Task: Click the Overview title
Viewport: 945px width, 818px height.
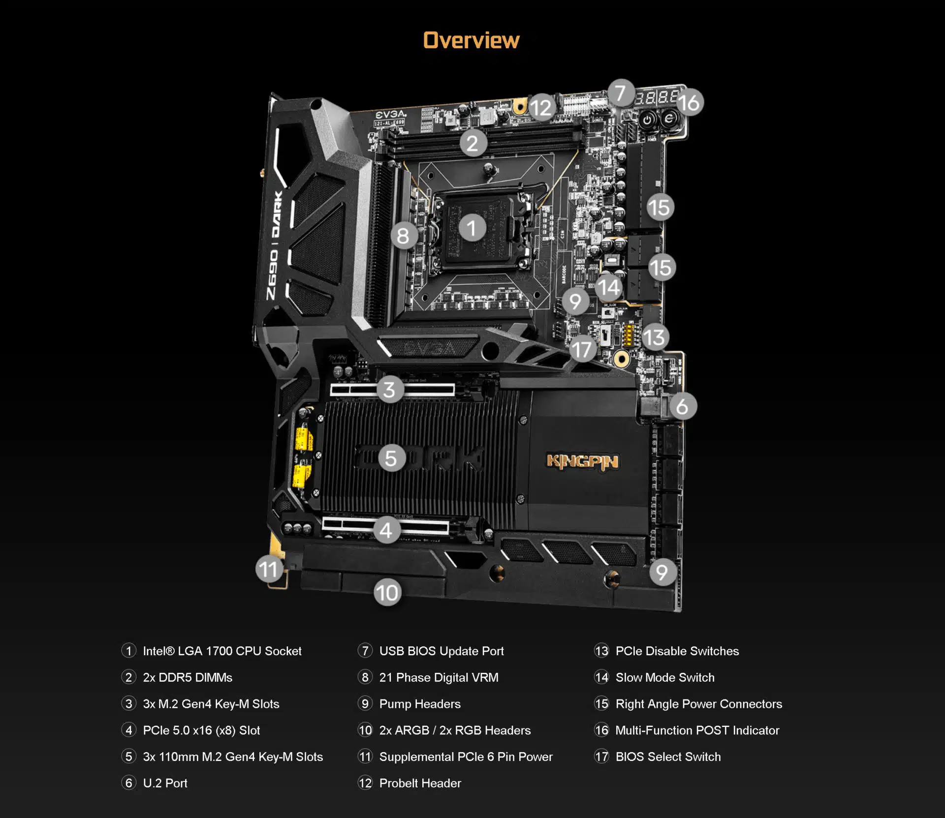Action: [x=471, y=40]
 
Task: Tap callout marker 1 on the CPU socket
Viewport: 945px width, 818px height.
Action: [x=472, y=228]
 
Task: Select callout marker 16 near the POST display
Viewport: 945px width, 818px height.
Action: [x=689, y=103]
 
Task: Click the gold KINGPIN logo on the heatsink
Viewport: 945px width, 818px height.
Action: [x=582, y=461]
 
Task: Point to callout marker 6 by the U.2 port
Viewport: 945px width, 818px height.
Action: [x=682, y=406]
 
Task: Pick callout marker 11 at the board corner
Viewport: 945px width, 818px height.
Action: [x=269, y=569]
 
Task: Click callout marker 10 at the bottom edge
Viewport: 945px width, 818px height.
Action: [x=387, y=592]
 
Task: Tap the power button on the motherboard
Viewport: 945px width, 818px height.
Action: [x=648, y=120]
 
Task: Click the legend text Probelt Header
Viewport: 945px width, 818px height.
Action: [x=420, y=783]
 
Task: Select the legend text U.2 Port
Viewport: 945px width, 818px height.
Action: [x=165, y=783]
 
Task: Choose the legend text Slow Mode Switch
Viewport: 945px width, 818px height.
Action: [x=664, y=677]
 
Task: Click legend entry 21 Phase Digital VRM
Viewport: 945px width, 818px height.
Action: [x=439, y=677]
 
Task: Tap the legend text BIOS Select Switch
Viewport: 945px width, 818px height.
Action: [x=668, y=757]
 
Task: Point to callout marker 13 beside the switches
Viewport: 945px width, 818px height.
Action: [x=655, y=337]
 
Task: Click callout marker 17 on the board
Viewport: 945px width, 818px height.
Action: [x=582, y=349]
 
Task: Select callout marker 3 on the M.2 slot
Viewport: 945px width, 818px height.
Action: [x=390, y=390]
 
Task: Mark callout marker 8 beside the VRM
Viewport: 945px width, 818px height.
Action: [x=404, y=236]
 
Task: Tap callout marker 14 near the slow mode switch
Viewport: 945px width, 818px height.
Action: [x=609, y=287]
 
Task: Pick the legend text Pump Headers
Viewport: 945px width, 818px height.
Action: [x=420, y=704]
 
